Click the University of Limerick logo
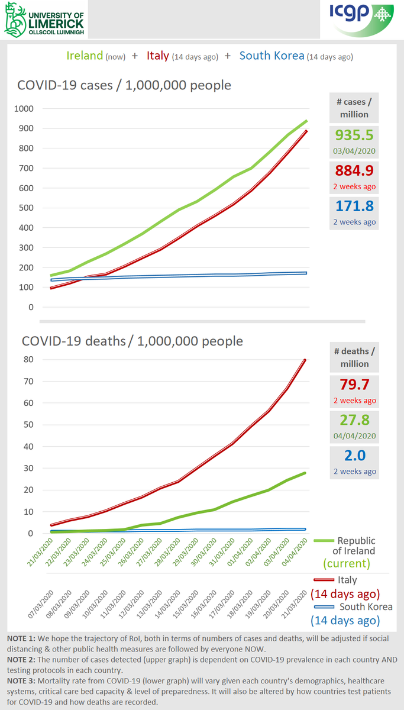pyautogui.click(x=44, y=20)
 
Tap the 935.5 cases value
pyautogui.click(x=354, y=135)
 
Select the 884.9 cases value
pyautogui.click(x=354, y=171)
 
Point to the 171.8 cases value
pyautogui.click(x=354, y=206)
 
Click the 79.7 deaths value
pyautogui.click(x=354, y=385)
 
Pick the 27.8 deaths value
pyautogui.click(x=354, y=420)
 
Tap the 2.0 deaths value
pyautogui.click(x=354, y=456)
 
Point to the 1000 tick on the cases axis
pyautogui.click(x=25, y=109)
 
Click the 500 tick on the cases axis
pyautogui.click(x=28, y=208)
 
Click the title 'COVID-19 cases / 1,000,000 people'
pyautogui.click(x=124, y=85)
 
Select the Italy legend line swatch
pyautogui.click(x=322, y=580)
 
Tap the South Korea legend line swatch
pyautogui.click(x=322, y=606)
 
